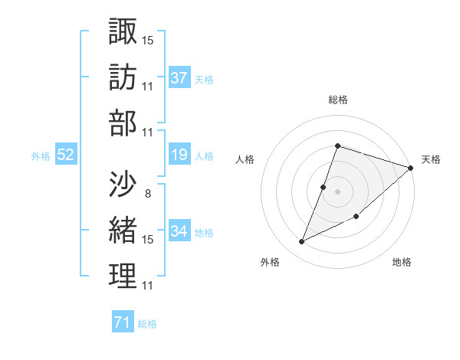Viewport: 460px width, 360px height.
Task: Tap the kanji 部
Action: [123, 123]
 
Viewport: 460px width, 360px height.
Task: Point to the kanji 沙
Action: [123, 183]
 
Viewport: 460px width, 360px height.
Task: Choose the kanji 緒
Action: [123, 230]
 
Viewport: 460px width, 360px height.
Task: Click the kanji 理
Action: [123, 276]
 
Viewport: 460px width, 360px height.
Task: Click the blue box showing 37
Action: [179, 77]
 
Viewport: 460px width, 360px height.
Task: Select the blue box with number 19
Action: [179, 155]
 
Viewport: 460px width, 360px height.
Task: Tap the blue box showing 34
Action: [179, 231]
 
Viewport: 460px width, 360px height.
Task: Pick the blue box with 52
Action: [66, 155]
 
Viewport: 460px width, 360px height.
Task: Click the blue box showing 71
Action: [123, 322]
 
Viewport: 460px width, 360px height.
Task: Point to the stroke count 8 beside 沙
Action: [148, 193]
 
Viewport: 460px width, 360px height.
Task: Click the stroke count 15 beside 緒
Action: [148, 240]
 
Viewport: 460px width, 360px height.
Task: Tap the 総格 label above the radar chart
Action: [337, 100]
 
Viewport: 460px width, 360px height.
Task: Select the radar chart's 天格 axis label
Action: [432, 160]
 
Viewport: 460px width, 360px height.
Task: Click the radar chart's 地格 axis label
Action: [402, 262]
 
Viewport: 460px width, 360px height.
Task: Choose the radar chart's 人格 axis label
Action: [245, 160]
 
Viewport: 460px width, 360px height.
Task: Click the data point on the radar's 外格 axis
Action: [302, 242]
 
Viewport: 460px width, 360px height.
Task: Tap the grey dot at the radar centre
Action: [337, 191]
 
